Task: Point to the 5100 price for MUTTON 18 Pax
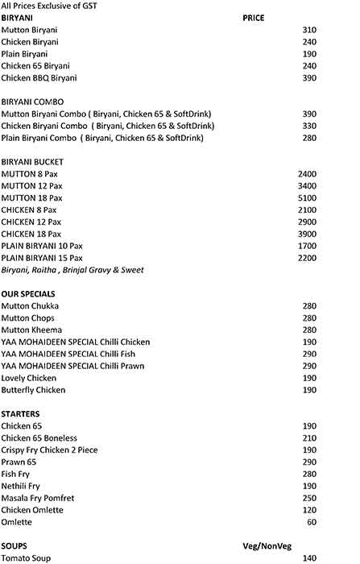coord(307,197)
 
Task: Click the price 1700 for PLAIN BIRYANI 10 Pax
coord(307,246)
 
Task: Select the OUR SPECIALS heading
coord(30,294)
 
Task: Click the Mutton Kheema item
coord(31,330)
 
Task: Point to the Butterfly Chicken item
coord(33,390)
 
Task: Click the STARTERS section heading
coord(21,413)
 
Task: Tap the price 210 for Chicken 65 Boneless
coord(309,438)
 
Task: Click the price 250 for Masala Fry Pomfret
coord(309,498)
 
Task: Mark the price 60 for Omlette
coord(312,522)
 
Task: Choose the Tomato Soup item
coord(27,558)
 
